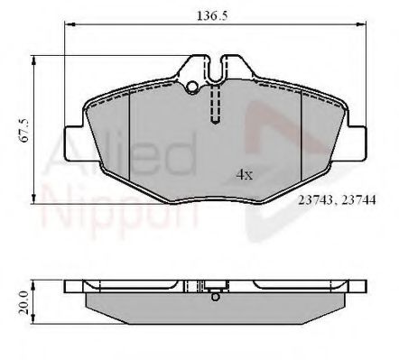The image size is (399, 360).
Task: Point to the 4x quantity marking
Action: click(x=243, y=173)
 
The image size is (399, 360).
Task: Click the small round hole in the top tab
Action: click(x=191, y=87)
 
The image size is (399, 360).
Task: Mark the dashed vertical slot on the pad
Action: click(x=214, y=103)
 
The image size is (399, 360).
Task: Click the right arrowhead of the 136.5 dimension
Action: click(x=363, y=29)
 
